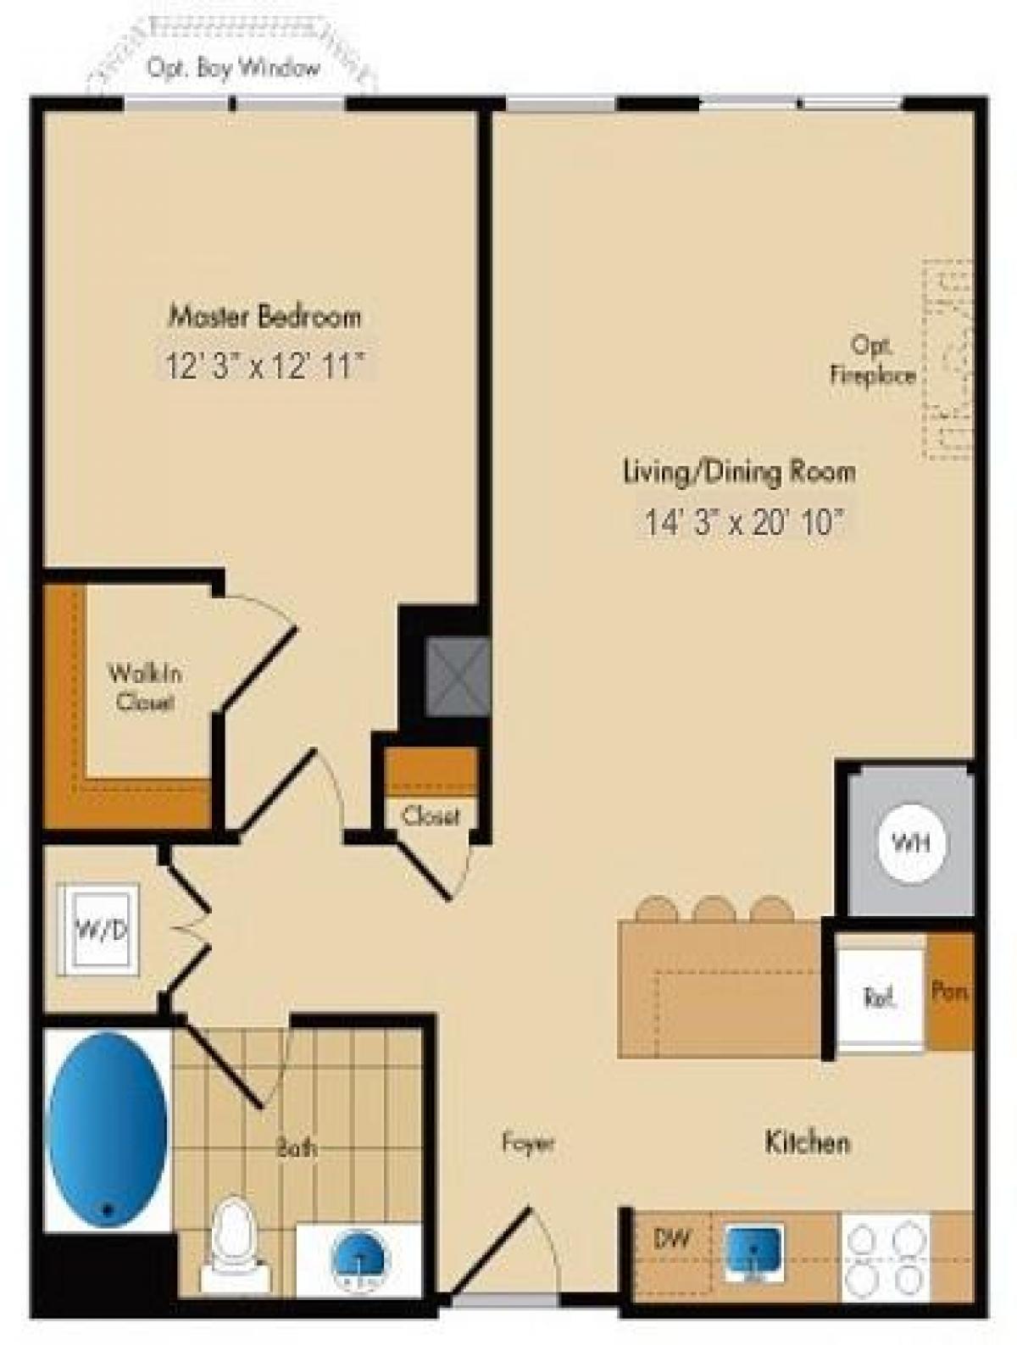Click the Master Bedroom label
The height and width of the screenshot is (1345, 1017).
click(x=264, y=316)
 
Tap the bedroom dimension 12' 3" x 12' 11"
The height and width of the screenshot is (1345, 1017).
click(x=264, y=367)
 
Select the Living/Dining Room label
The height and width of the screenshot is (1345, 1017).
click(x=739, y=470)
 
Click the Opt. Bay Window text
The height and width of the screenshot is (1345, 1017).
click(x=233, y=69)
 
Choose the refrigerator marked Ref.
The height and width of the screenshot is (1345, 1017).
click(x=881, y=998)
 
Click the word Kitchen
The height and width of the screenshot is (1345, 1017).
click(x=807, y=1142)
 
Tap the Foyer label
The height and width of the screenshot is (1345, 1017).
click(x=528, y=1143)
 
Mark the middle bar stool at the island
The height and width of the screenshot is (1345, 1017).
click(x=714, y=909)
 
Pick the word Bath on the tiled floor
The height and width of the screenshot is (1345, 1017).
click(x=296, y=1148)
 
